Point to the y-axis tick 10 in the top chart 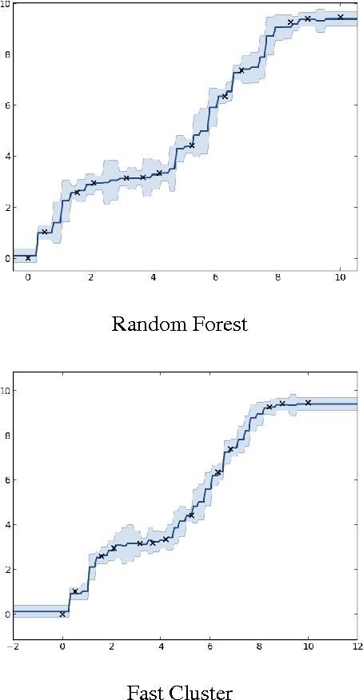click(6, 5)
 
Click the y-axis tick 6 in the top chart click(7, 105)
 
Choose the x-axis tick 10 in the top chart click(341, 278)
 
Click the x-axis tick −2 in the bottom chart click(13, 646)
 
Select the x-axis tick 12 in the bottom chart click(357, 646)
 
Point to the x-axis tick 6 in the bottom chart click(209, 646)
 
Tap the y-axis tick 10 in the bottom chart click(6, 391)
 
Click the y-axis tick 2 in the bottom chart click(7, 570)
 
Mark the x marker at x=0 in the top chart click(28, 258)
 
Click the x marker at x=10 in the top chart click(341, 17)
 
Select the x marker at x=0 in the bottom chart click(62, 614)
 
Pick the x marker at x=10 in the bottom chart click(308, 403)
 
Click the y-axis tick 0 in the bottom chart click(7, 614)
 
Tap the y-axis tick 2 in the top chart click(7, 207)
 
